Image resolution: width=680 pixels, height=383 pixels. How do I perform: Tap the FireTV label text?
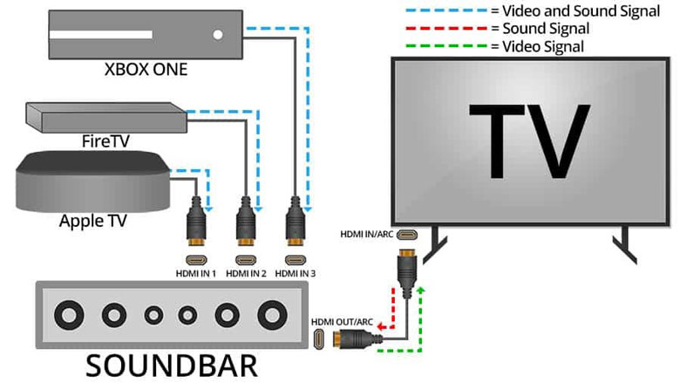[99, 141]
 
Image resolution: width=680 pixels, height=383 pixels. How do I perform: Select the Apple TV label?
[93, 221]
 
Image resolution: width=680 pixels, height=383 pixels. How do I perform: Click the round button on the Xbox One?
[217, 37]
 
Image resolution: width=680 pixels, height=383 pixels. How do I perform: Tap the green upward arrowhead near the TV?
[423, 289]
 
